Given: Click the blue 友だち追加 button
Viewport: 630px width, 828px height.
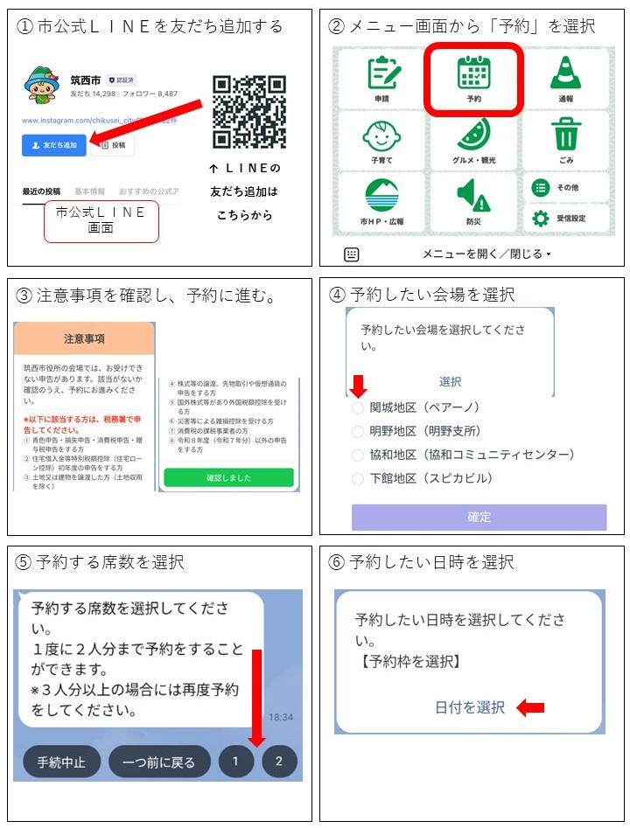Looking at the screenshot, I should point(54,145).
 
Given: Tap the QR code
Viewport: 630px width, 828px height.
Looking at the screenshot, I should point(249,112).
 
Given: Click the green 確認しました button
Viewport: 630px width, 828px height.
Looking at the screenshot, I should point(228,478).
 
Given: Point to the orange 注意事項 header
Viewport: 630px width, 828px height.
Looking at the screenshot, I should point(84,339).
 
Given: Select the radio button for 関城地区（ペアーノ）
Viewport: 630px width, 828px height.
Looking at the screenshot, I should point(357,407).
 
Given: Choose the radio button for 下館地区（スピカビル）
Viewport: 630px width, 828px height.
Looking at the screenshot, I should point(357,479).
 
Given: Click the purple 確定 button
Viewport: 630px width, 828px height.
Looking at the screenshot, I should point(479,517).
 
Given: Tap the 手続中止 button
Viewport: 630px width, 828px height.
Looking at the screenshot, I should point(61,761).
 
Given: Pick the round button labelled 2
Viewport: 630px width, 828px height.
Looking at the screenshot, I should point(279,761).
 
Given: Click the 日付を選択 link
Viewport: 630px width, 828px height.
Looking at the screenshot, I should point(470,708).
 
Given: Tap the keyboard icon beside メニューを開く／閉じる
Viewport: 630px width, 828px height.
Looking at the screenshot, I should point(352,254).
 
